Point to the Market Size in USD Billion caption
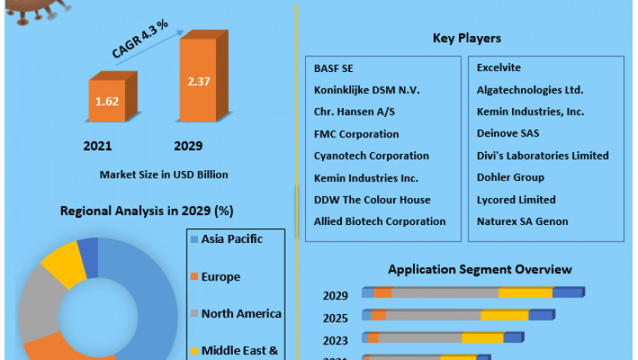(164, 174)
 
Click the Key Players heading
(466, 38)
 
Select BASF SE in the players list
(334, 68)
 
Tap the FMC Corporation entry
(357, 133)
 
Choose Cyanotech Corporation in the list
(371, 155)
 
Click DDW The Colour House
(372, 200)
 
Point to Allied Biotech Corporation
(380, 222)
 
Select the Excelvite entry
(499, 68)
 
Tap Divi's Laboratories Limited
(542, 155)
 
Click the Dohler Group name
(510, 178)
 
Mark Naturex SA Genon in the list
(522, 222)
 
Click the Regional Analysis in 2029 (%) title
(146, 211)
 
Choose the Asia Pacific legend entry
(231, 240)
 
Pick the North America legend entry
(240, 314)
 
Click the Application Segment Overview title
(480, 269)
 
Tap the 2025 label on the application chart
(335, 317)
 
